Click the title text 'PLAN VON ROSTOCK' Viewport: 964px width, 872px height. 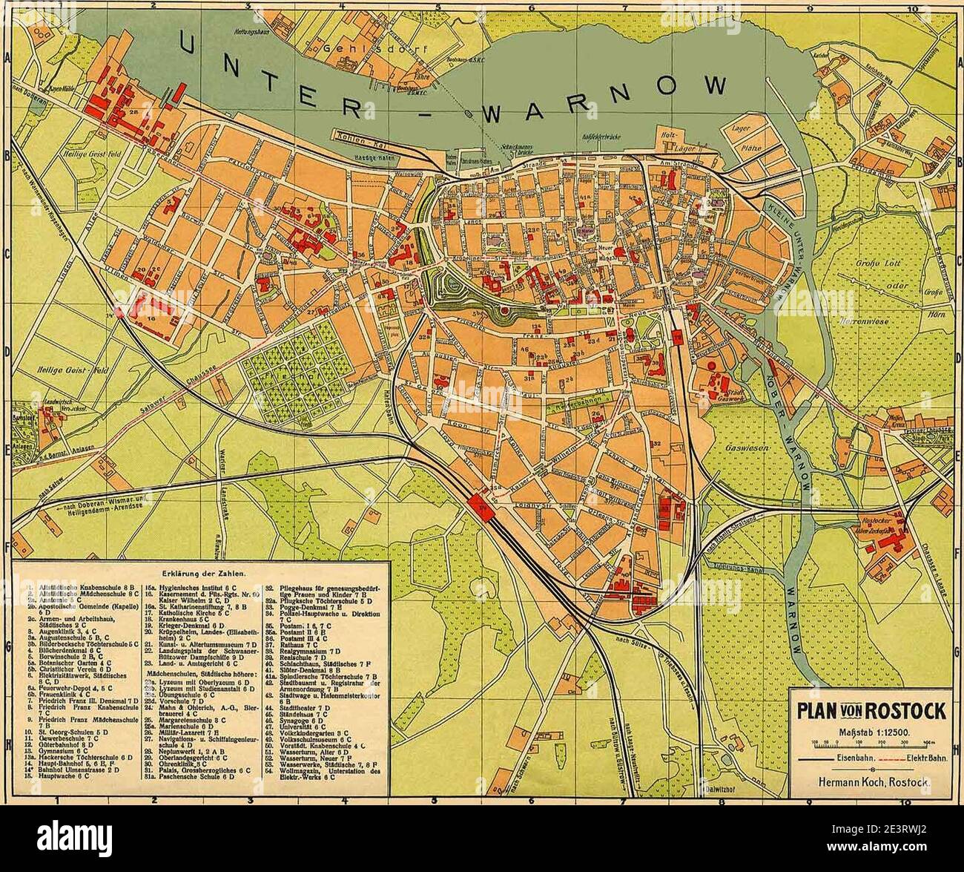[871, 711]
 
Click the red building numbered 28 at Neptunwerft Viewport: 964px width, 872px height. [134, 113]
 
